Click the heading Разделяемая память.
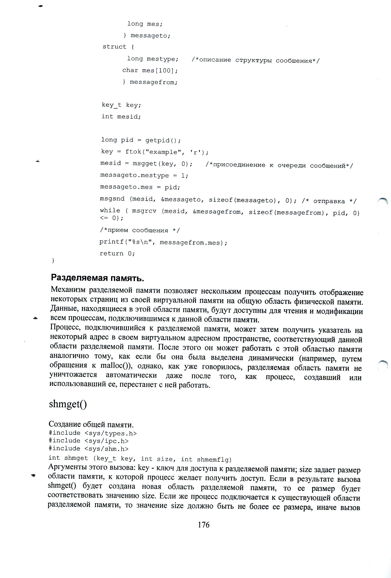pos(97,278)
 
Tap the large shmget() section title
pos(68,404)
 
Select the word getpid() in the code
pos(163,140)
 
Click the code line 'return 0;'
pos(117,254)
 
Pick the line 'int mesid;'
pos(121,117)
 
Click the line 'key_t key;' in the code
pos(121,105)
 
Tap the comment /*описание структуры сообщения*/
pos(255,61)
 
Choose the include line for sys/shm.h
pos(88,449)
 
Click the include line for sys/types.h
pos(93,433)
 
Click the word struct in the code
pos(114,47)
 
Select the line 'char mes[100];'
pos(150,70)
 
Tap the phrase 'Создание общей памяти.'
pos(91,424)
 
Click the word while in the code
pos(110,211)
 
